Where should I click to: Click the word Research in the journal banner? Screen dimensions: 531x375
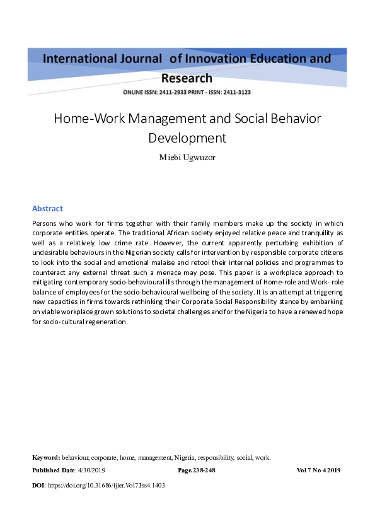[x=187, y=78]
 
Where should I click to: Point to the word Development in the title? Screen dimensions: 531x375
[x=187, y=137]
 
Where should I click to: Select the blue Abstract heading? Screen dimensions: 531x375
[x=47, y=209]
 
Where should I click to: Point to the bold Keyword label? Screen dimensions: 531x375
[x=46, y=457]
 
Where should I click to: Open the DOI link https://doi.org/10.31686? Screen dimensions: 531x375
[x=107, y=486]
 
